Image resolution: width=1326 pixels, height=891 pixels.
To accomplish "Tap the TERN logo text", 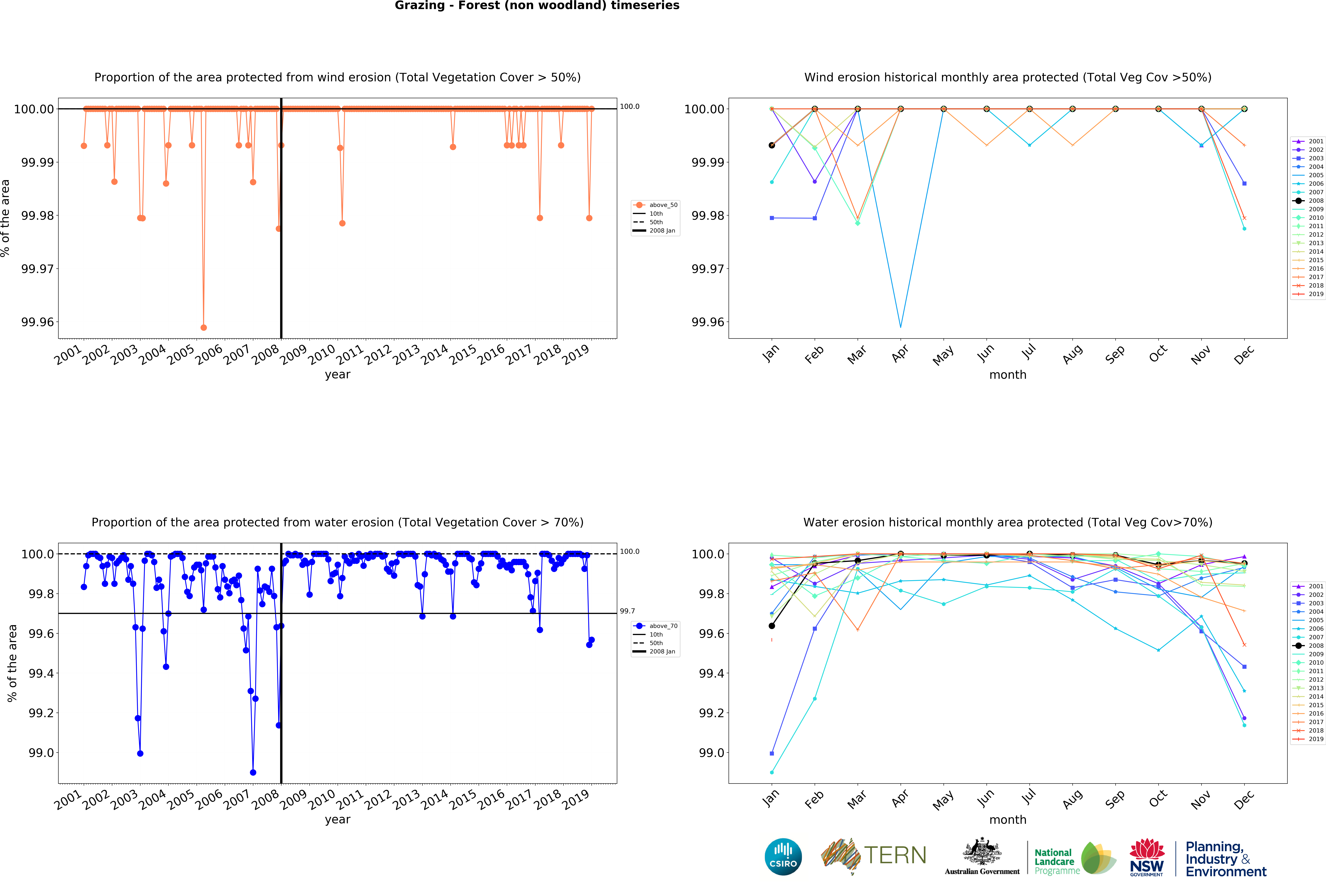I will [x=895, y=855].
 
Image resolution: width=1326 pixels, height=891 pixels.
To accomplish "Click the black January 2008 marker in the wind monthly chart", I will [x=772, y=146].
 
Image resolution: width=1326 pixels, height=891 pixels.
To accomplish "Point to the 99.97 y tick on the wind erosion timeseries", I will [x=38, y=269].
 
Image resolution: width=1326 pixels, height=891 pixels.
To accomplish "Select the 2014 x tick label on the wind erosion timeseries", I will [x=435, y=355].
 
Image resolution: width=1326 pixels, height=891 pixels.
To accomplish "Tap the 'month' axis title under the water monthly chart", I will [x=1008, y=819].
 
